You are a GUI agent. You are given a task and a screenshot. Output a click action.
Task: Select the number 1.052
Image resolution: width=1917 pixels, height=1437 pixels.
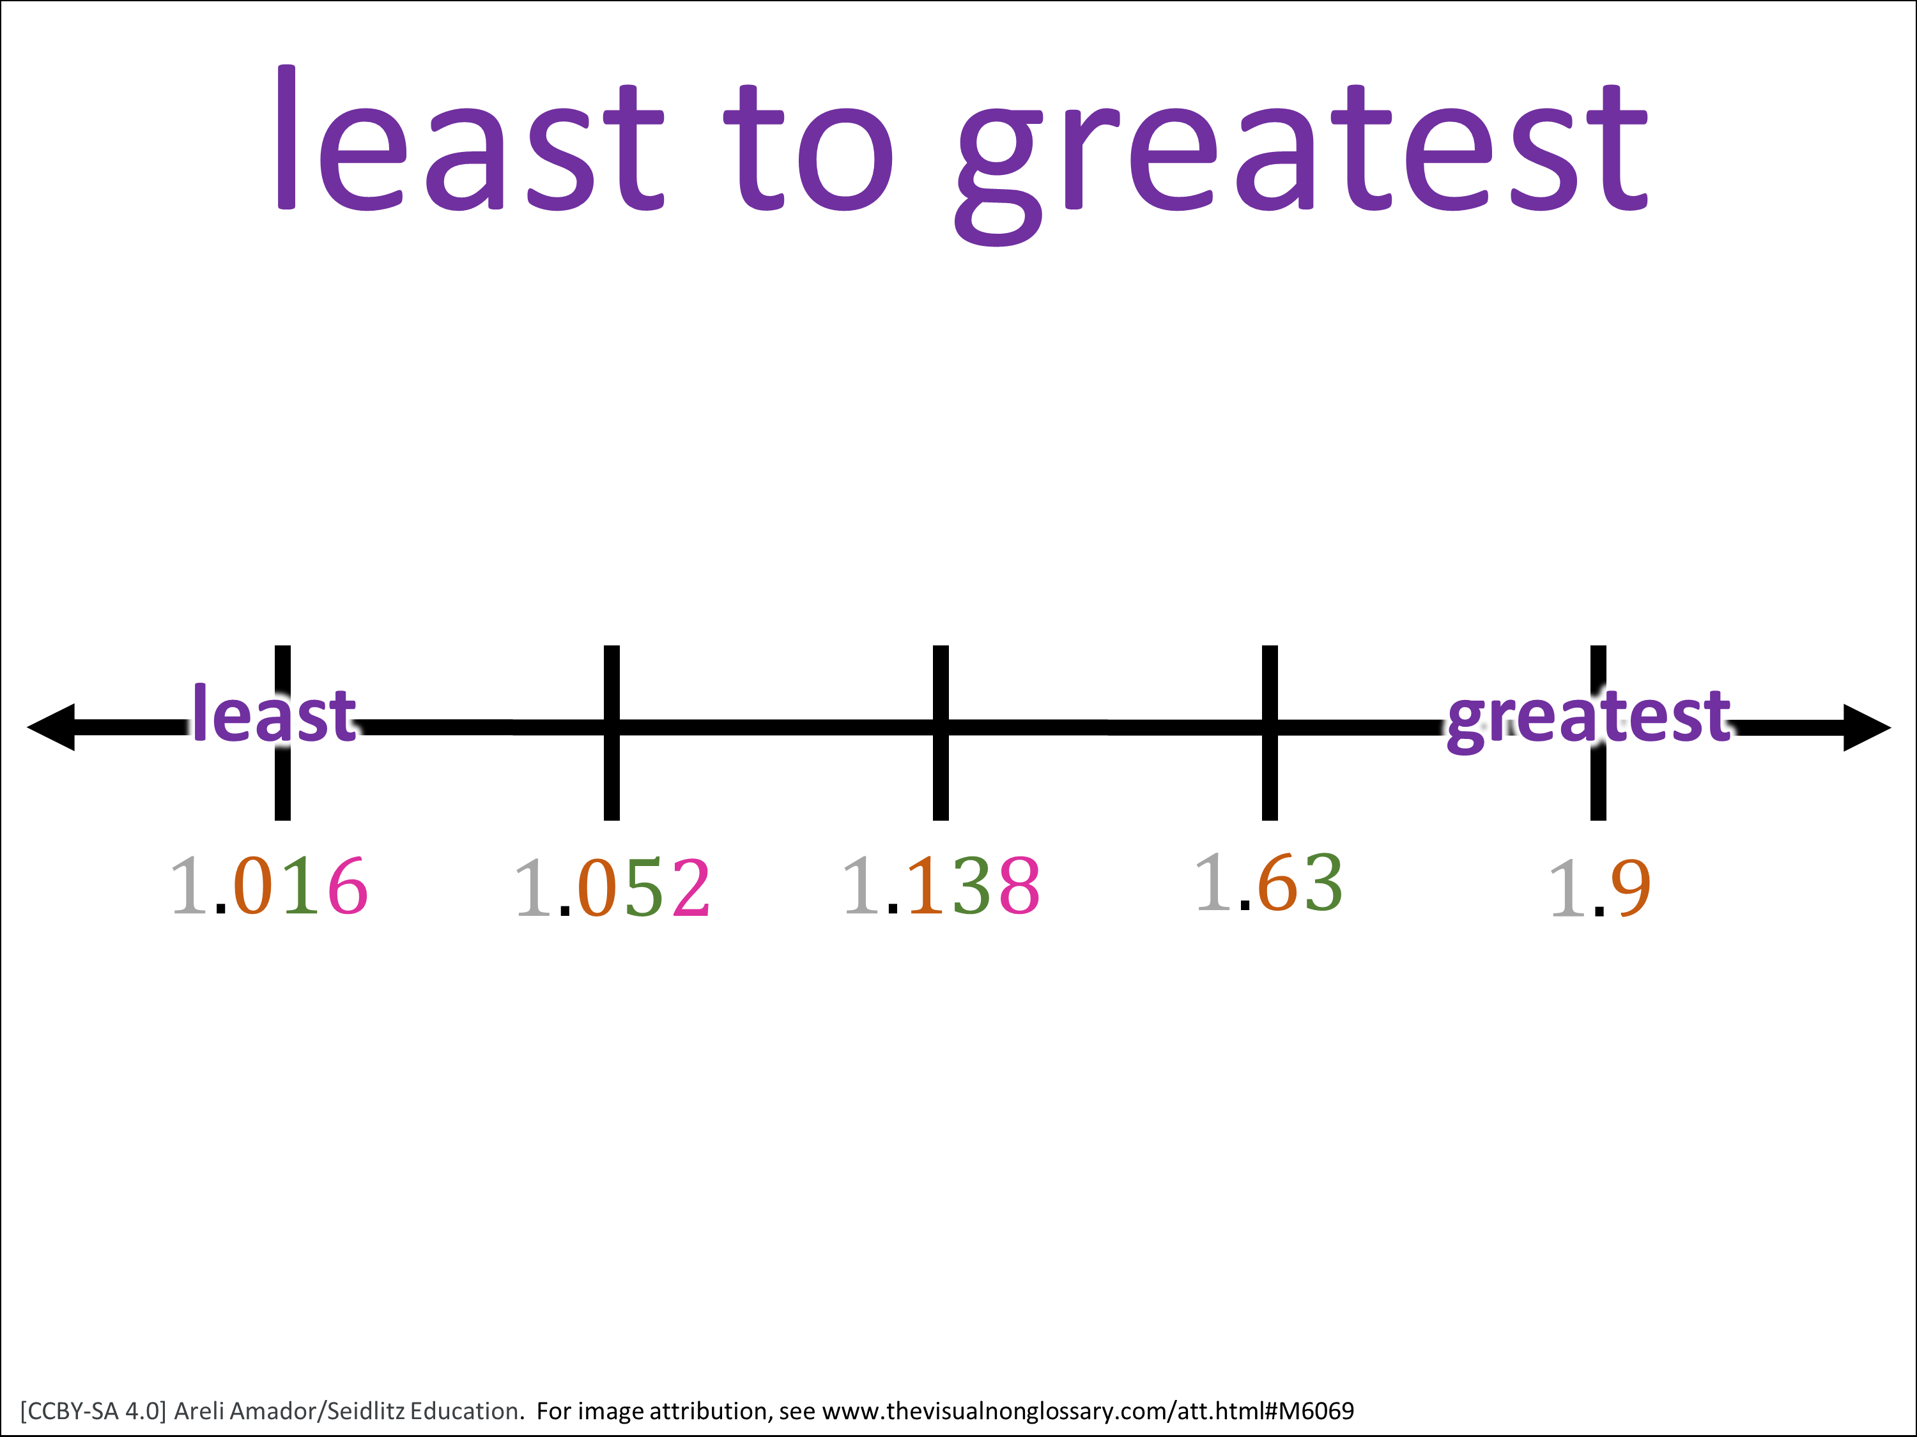click(613, 888)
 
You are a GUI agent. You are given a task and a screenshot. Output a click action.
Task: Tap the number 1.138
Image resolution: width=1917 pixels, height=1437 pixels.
click(941, 885)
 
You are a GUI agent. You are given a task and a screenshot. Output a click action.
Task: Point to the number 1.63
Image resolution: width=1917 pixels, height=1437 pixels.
click(1269, 883)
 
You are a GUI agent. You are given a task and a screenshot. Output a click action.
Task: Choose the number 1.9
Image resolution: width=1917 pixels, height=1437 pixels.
click(1600, 888)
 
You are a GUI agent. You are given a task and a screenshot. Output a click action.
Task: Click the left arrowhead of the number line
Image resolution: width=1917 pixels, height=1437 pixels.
click(51, 727)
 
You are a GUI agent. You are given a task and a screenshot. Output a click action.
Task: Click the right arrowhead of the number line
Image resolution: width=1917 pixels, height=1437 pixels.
click(1867, 727)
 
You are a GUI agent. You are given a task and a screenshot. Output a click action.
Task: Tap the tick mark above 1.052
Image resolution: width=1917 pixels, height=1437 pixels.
click(612, 733)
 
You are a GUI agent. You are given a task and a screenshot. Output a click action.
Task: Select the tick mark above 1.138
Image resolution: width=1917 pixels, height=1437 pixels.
click(941, 733)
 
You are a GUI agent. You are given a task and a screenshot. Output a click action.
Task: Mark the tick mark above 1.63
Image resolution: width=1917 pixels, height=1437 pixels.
click(1270, 733)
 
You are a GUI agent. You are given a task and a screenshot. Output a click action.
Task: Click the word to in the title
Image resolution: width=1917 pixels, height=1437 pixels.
click(808, 148)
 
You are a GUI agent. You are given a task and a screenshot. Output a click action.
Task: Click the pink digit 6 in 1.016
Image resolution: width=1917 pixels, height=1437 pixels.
click(348, 885)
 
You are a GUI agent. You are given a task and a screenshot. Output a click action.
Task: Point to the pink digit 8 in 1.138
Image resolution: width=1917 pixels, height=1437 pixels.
click(1019, 885)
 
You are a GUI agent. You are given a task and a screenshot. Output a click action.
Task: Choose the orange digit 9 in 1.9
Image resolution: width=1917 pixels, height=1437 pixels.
click(1631, 888)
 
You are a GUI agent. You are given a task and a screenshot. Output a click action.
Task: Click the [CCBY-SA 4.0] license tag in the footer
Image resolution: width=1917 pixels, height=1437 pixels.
click(93, 1411)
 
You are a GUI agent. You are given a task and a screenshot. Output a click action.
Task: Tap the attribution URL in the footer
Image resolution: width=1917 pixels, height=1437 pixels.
click(1088, 1411)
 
